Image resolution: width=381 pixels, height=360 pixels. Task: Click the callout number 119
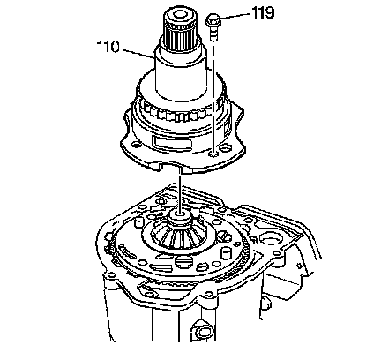[x=263, y=13]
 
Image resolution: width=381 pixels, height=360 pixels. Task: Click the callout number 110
[x=108, y=47]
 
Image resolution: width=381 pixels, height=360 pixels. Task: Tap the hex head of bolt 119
[x=213, y=19]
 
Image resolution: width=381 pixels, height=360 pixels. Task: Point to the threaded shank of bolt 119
[x=213, y=33]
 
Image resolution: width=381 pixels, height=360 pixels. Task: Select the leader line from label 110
[x=138, y=55]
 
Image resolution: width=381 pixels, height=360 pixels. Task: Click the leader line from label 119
[x=235, y=16]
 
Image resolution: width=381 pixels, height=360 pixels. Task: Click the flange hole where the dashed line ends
[x=213, y=154]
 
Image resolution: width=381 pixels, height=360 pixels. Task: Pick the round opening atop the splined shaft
[x=180, y=15]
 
